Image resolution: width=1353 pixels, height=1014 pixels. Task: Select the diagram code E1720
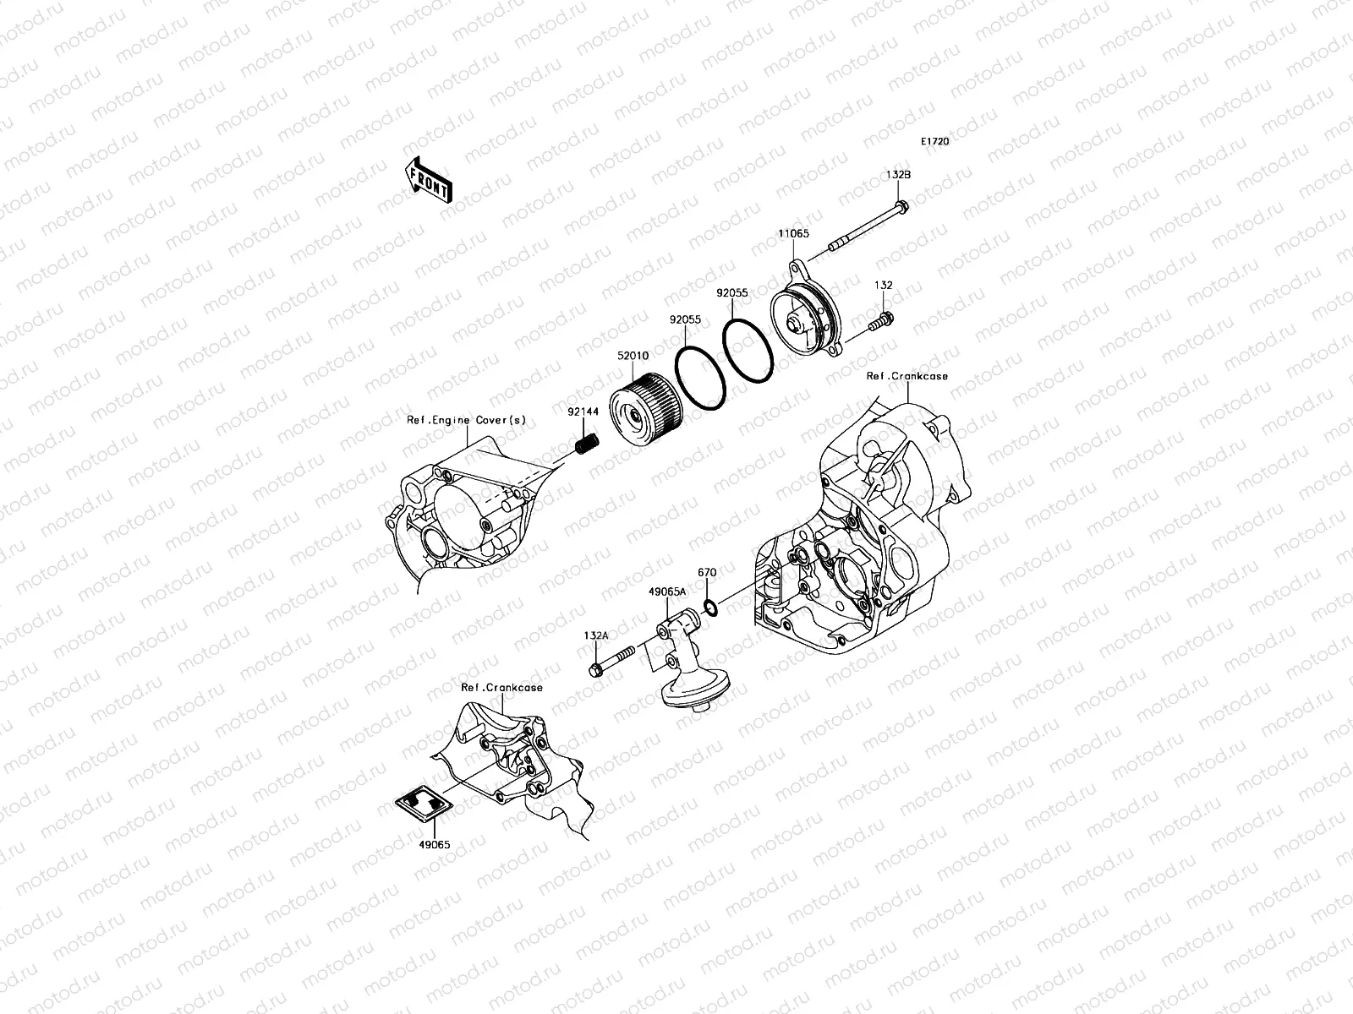coord(935,142)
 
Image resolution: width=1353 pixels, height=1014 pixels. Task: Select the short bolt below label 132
coord(880,320)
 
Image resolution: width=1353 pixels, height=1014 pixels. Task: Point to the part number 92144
coord(583,412)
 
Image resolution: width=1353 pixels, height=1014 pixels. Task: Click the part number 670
coord(707,572)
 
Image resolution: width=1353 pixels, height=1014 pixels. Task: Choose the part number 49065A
coord(668,592)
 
